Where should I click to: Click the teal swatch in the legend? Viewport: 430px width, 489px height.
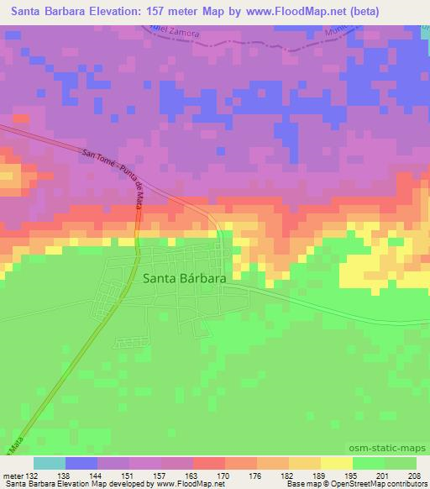(x=50, y=463)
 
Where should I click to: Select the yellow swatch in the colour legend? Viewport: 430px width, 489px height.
(x=336, y=463)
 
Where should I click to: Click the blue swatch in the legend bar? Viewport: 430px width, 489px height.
(x=81, y=463)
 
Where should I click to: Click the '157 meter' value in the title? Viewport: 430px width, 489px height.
(x=179, y=12)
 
